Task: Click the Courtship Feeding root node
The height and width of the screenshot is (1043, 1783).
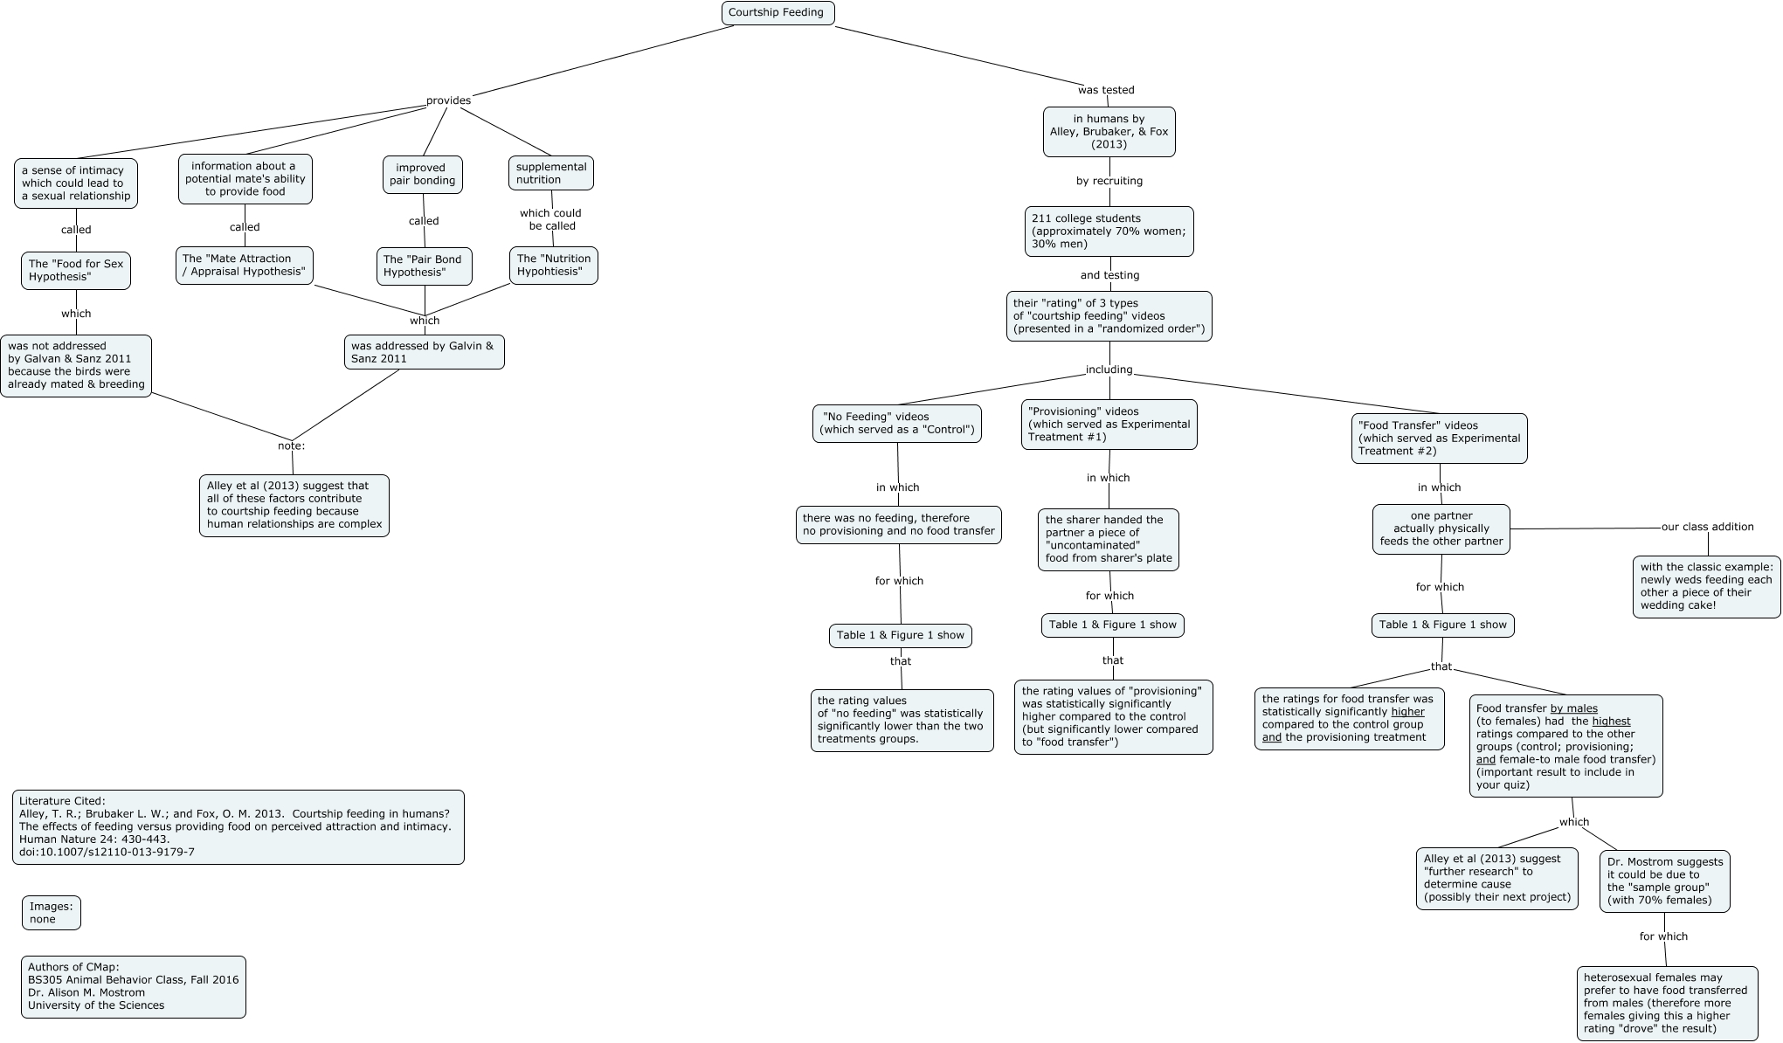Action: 777,13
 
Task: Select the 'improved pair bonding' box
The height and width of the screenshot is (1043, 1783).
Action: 422,174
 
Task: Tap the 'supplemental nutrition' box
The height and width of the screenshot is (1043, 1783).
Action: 551,173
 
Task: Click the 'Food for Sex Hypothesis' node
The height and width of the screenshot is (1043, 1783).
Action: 76,270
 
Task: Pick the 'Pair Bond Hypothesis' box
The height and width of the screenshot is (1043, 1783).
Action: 425,266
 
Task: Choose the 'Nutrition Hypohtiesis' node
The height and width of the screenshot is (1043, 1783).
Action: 554,265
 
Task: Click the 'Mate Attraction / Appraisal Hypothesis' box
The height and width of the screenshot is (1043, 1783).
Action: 245,265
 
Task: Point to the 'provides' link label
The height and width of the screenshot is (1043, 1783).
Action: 448,100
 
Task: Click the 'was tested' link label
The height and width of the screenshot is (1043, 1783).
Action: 1106,90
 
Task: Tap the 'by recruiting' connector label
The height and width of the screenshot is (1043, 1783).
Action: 1109,181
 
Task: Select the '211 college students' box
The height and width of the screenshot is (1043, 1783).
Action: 1109,231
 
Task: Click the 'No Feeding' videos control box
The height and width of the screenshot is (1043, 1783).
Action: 896,423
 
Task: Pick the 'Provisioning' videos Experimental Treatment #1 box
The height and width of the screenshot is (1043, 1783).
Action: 1109,424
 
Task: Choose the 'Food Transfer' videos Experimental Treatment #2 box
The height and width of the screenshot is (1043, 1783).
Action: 1439,438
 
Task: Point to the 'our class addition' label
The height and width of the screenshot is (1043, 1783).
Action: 1707,527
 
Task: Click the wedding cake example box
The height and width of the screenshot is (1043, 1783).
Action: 1706,586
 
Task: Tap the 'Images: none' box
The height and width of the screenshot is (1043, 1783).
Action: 52,913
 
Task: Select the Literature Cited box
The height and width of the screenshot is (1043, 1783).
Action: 238,826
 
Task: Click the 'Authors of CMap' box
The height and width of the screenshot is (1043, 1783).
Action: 134,986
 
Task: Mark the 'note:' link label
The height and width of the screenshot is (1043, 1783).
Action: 291,446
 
